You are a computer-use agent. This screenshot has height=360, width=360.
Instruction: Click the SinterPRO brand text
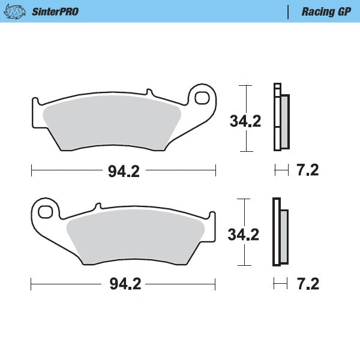click(x=55, y=11)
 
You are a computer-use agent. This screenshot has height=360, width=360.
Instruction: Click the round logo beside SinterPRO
click(x=17, y=11)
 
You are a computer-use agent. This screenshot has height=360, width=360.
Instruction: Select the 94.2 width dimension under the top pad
click(x=124, y=172)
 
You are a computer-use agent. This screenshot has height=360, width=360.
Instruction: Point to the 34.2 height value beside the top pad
click(x=245, y=121)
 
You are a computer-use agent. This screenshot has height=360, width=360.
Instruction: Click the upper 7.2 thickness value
click(x=307, y=170)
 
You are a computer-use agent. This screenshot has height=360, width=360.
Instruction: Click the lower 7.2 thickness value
click(x=307, y=283)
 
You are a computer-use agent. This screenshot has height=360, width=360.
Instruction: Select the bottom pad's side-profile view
click(x=280, y=232)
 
